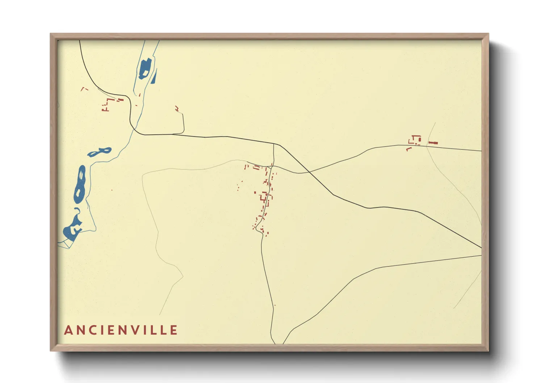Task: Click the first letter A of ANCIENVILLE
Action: point(68,330)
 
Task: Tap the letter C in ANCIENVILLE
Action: point(94,330)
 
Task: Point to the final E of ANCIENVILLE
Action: point(174,330)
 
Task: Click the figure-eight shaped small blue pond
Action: point(99,152)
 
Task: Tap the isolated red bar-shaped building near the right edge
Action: point(433,143)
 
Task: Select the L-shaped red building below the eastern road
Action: point(409,148)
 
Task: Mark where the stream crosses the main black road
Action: point(133,130)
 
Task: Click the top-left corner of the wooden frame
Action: point(50,34)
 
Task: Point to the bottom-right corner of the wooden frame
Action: point(489,351)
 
